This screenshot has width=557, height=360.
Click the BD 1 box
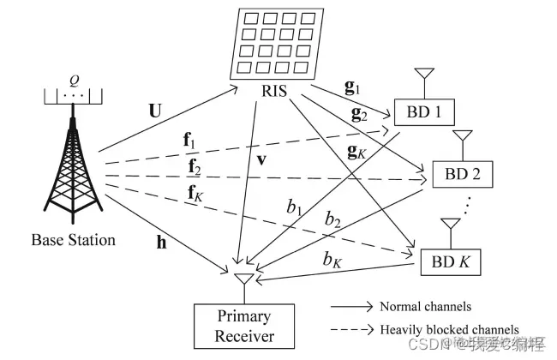(x=424, y=111)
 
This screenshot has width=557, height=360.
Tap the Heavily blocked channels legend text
(x=450, y=329)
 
